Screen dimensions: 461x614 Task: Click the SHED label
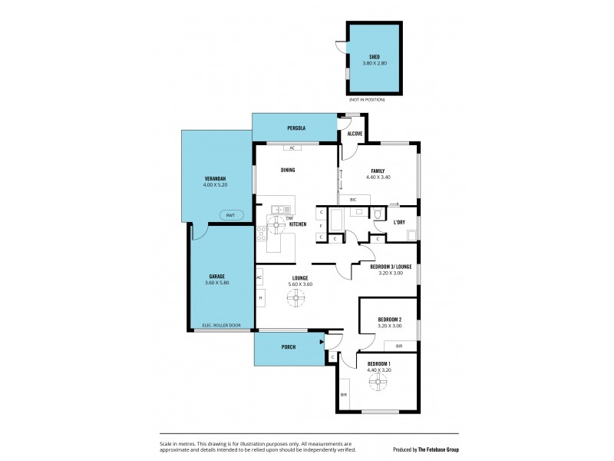(375, 57)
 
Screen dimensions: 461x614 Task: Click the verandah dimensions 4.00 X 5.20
(215, 185)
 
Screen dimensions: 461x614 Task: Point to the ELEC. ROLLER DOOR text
(221, 326)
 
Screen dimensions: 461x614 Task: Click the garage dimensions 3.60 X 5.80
(217, 283)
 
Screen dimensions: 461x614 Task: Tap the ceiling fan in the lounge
(295, 301)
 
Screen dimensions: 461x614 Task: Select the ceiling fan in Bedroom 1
(378, 386)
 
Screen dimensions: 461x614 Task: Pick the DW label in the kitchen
(289, 218)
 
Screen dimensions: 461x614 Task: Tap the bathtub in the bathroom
(335, 221)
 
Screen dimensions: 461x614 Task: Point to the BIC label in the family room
(354, 200)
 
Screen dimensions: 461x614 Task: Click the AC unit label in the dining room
(292, 148)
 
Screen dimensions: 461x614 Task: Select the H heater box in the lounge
(260, 297)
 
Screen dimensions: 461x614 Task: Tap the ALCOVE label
(355, 134)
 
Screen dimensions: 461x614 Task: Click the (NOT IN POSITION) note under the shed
(367, 100)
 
